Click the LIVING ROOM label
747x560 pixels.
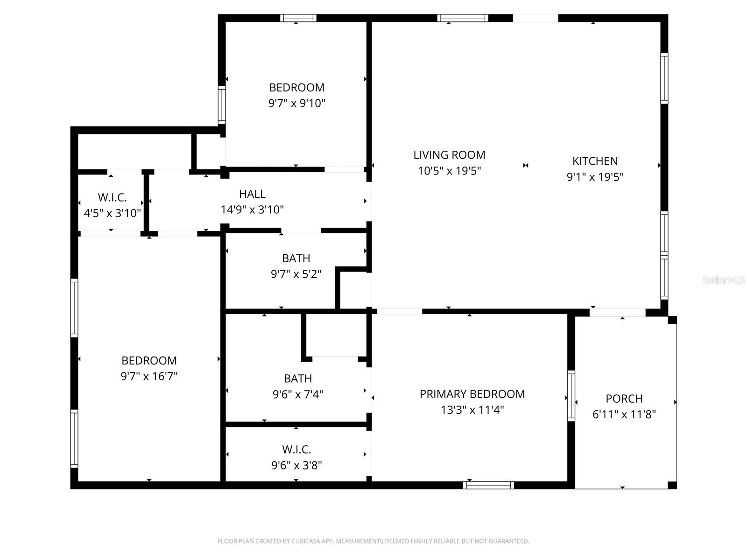[x=449, y=155]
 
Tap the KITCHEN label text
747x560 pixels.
[x=595, y=161]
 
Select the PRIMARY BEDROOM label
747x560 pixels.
[x=472, y=394]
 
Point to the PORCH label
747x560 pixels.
[x=624, y=399]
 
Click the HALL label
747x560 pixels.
[x=252, y=194]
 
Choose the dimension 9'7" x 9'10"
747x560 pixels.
[x=296, y=103]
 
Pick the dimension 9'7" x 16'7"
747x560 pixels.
[x=149, y=376]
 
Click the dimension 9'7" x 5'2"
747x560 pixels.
[x=296, y=274]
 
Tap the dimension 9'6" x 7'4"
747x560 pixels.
[x=297, y=394]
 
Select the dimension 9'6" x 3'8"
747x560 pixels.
[x=296, y=465]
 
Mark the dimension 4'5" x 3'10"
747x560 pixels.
[x=112, y=213]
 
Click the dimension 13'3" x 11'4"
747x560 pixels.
[x=472, y=410]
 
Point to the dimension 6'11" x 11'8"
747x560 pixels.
[x=624, y=414]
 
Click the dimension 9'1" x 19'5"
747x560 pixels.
[x=595, y=177]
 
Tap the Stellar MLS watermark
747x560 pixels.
[x=723, y=280]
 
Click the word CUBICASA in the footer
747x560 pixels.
[x=309, y=541]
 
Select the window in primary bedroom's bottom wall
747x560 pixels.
[x=488, y=485]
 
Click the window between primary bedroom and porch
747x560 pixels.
[x=571, y=396]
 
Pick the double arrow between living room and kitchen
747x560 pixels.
[x=526, y=165]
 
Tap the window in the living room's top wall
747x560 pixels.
[x=463, y=18]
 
